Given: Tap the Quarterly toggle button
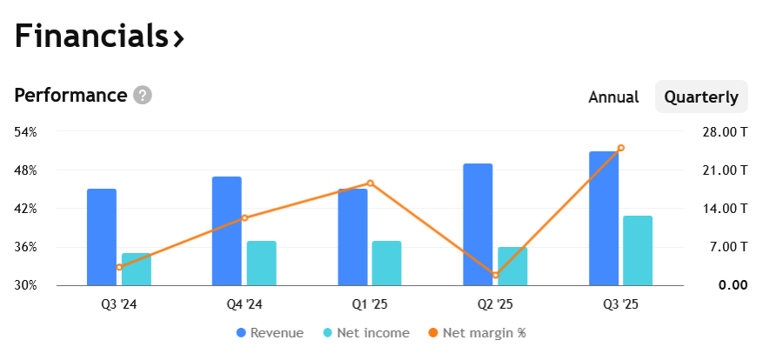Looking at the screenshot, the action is [701, 97].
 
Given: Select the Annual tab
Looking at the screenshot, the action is [613, 97].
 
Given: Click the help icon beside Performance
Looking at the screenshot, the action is [143, 95].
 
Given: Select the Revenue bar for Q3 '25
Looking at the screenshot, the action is [604, 218].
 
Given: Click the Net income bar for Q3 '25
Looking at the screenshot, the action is [638, 250].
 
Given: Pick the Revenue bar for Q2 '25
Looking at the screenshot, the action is [478, 224].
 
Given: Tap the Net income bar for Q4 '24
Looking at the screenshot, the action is [261, 263].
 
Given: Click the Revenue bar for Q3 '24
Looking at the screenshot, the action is [102, 237].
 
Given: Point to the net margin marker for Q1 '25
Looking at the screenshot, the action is [371, 183].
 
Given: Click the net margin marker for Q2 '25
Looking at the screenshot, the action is [495, 275].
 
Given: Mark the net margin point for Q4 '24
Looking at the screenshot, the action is [244, 217].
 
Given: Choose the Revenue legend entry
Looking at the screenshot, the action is [271, 333].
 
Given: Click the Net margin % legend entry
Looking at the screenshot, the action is [478, 333].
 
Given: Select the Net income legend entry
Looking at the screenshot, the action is [366, 333].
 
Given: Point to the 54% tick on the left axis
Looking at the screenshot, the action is [25, 132].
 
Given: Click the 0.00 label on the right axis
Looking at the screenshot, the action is [733, 285].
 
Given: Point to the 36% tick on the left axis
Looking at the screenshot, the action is [25, 247].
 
